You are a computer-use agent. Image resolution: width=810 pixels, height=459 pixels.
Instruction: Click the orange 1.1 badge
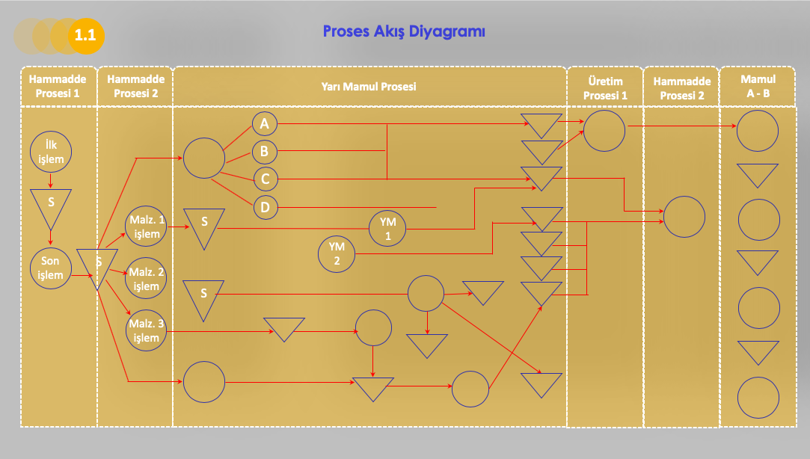(85, 35)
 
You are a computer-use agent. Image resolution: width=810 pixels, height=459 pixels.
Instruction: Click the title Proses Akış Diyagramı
(404, 31)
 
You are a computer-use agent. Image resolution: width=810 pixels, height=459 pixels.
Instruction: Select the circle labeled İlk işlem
(51, 152)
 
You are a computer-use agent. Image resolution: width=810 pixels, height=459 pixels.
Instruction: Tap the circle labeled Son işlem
(51, 268)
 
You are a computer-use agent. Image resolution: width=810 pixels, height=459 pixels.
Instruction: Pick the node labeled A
(264, 123)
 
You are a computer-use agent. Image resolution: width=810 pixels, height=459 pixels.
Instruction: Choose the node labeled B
(264, 152)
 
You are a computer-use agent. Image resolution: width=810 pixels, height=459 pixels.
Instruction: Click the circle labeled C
(264, 179)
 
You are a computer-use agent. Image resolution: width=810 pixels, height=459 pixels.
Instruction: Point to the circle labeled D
(264, 207)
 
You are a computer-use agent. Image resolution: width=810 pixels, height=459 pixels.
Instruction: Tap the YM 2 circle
(337, 253)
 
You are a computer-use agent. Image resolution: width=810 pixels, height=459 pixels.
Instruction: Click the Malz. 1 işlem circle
(146, 227)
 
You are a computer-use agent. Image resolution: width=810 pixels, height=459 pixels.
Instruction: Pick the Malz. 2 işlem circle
(146, 278)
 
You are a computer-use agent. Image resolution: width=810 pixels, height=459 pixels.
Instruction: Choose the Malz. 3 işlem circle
(146, 330)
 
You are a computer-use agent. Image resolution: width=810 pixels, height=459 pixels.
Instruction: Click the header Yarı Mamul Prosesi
(369, 86)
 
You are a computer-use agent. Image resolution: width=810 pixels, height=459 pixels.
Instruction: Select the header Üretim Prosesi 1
(605, 87)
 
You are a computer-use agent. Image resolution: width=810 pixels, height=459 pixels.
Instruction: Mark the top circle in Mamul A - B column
(758, 131)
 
